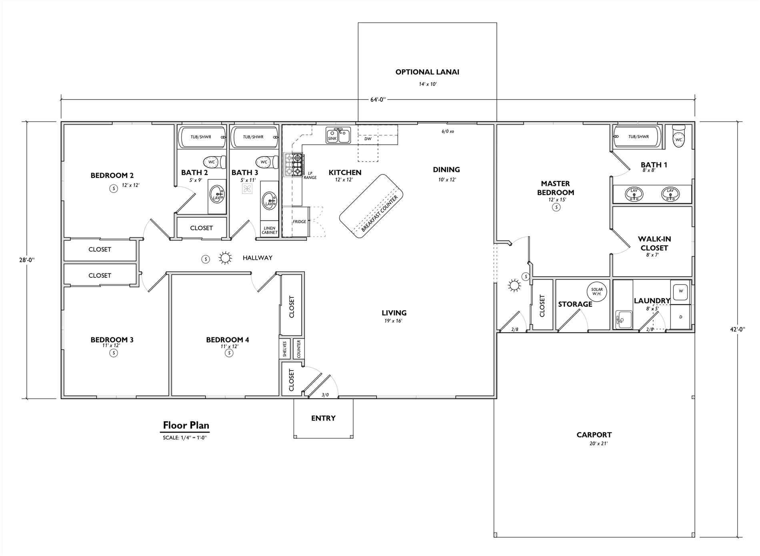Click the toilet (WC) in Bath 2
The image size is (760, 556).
coord(214,162)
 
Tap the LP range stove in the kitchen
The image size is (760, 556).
coord(294,165)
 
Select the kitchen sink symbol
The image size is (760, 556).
coord(338,136)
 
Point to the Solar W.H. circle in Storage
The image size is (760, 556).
coord(596,291)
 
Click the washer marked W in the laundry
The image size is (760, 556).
coord(680,291)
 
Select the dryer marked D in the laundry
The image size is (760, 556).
coord(680,317)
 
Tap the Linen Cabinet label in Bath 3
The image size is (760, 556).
coord(269,230)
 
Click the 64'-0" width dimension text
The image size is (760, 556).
coord(378,100)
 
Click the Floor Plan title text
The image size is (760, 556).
coord(186,425)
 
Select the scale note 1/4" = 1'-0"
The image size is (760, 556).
coord(184,438)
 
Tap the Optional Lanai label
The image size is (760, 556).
coord(427,72)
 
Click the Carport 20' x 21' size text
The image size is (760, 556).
coord(594,444)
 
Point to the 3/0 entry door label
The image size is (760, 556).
coord(325,395)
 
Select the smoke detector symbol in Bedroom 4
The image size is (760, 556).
coord(229,353)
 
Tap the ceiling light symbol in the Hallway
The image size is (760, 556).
coord(225,258)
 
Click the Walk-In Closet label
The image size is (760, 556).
coord(654,243)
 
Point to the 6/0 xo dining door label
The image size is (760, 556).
coord(447,131)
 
